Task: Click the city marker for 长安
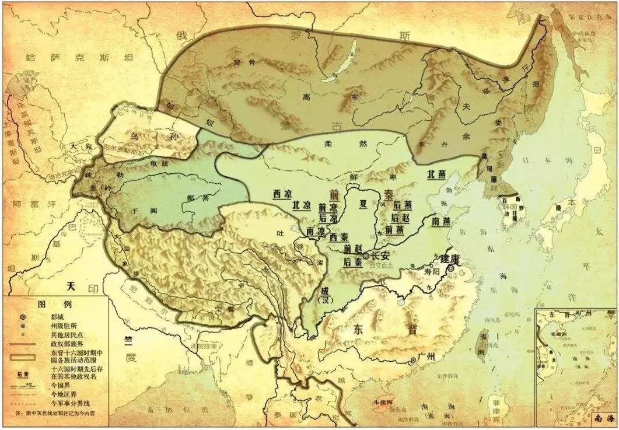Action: click(x=366, y=256)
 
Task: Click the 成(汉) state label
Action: click(x=323, y=295)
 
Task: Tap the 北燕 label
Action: click(x=438, y=174)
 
